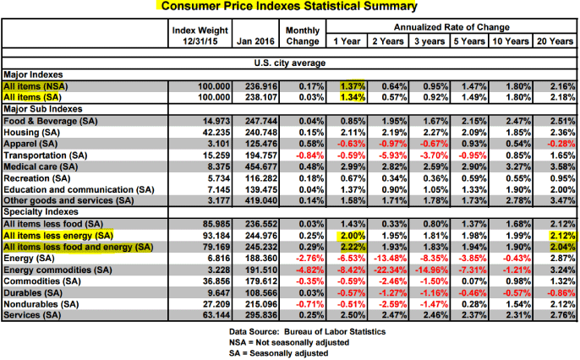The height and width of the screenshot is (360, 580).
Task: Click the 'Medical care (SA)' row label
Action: tap(42, 168)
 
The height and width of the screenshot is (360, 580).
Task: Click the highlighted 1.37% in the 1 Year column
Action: tap(351, 86)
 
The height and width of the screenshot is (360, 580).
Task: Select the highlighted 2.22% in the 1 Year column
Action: tap(351, 245)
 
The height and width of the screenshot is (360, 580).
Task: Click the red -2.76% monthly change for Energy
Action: tap(303, 257)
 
